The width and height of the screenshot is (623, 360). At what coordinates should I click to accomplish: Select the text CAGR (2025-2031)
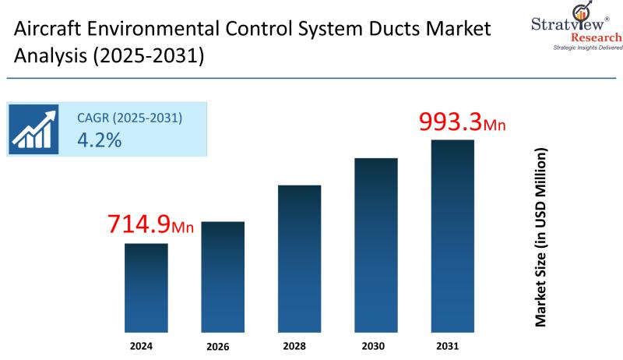(x=129, y=118)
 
